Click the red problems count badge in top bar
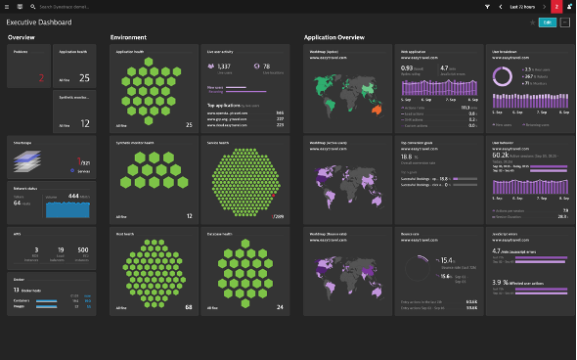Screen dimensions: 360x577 556,6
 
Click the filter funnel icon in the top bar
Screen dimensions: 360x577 488,6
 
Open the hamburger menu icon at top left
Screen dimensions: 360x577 7,6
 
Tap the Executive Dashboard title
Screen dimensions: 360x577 32,22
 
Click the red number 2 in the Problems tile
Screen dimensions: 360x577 41,77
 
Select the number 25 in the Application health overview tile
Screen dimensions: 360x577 84,77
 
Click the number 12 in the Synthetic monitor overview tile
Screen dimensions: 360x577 84,123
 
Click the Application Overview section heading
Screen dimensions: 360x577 333,37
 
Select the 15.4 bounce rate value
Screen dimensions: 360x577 446,260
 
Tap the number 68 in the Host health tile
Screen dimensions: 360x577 188,307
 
